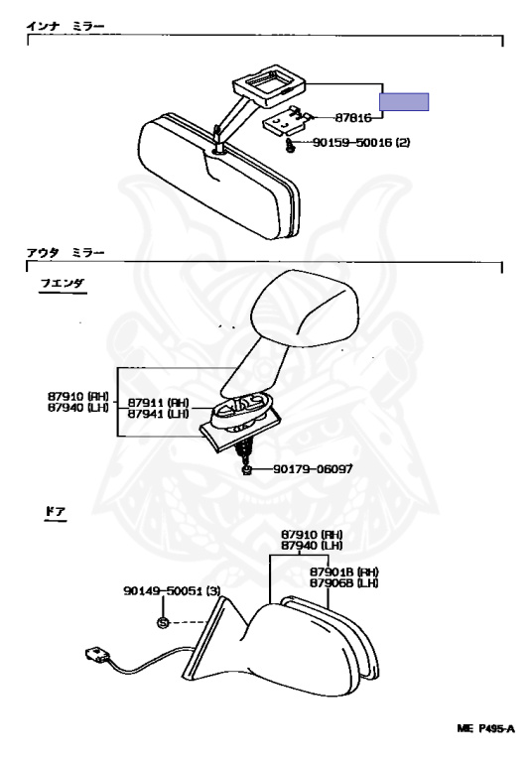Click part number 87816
coord(353,118)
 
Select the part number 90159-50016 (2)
coord(361,143)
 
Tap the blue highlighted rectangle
coord(404,102)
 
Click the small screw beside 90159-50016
coord(290,146)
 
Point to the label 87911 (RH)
coord(158,403)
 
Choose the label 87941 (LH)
coord(158,414)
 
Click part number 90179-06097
coord(313,469)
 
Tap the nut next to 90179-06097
coord(246,470)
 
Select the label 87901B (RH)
coord(344,571)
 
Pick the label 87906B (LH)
coord(344,582)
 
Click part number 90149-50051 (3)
coord(172,591)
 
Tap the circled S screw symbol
coord(163,622)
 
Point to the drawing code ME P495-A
coord(485,728)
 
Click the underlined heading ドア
coord(55,512)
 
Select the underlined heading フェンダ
coord(63,284)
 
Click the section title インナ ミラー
coord(66,26)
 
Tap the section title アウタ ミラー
coord(66,253)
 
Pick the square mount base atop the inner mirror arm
coord(269,84)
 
